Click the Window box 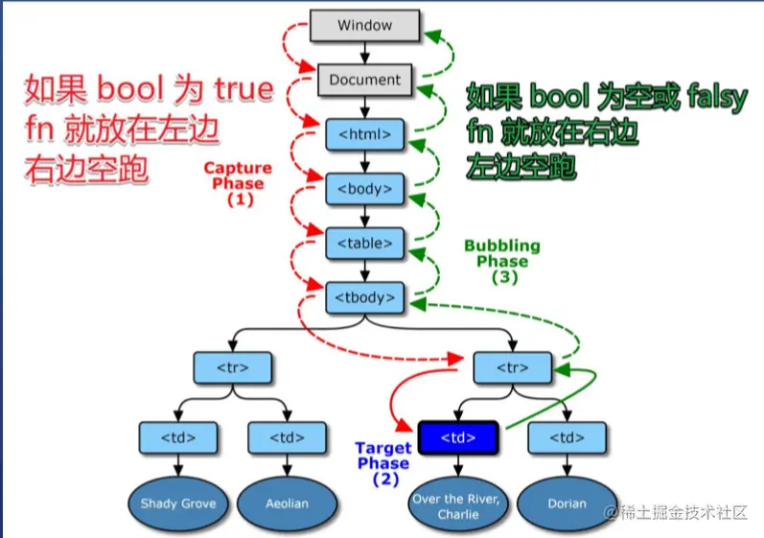tap(364, 26)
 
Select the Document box tap(364, 81)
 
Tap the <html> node tap(364, 133)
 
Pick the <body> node tap(364, 188)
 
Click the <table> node tap(364, 243)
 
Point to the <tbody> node tap(364, 297)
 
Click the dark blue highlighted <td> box tap(458, 438)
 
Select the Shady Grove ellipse tap(178, 503)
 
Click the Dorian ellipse tap(566, 503)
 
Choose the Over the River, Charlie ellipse tap(457, 504)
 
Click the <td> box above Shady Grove tap(178, 438)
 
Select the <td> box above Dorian tap(566, 438)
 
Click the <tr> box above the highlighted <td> tap(514, 367)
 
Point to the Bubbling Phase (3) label tap(502, 261)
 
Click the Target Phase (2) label tap(383, 463)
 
